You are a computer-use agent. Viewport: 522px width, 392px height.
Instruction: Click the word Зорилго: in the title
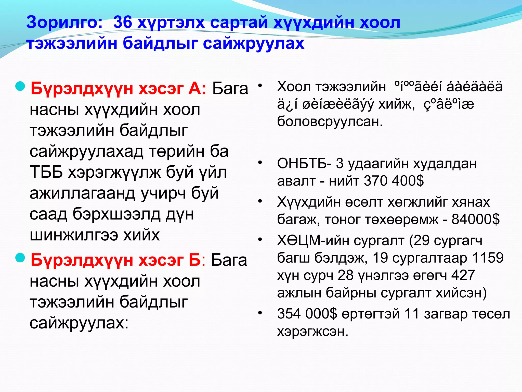pos(64,22)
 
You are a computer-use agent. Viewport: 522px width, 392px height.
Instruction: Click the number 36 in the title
pos(123,22)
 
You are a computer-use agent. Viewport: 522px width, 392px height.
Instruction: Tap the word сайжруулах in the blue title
pos(253,43)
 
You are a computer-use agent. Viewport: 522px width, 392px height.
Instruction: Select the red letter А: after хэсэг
pos(197,89)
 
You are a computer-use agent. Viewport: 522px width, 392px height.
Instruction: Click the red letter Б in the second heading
pos(195,260)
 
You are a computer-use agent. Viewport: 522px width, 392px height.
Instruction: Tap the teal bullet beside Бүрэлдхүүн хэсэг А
pos(20,87)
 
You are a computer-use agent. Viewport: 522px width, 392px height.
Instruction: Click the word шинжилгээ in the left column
pos(74,235)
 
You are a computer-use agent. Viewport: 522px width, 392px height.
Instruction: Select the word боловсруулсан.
pos(330,121)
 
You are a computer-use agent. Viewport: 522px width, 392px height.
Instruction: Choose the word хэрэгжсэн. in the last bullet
pos(312,331)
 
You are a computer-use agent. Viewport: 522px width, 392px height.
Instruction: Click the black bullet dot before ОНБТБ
pos(260,163)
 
